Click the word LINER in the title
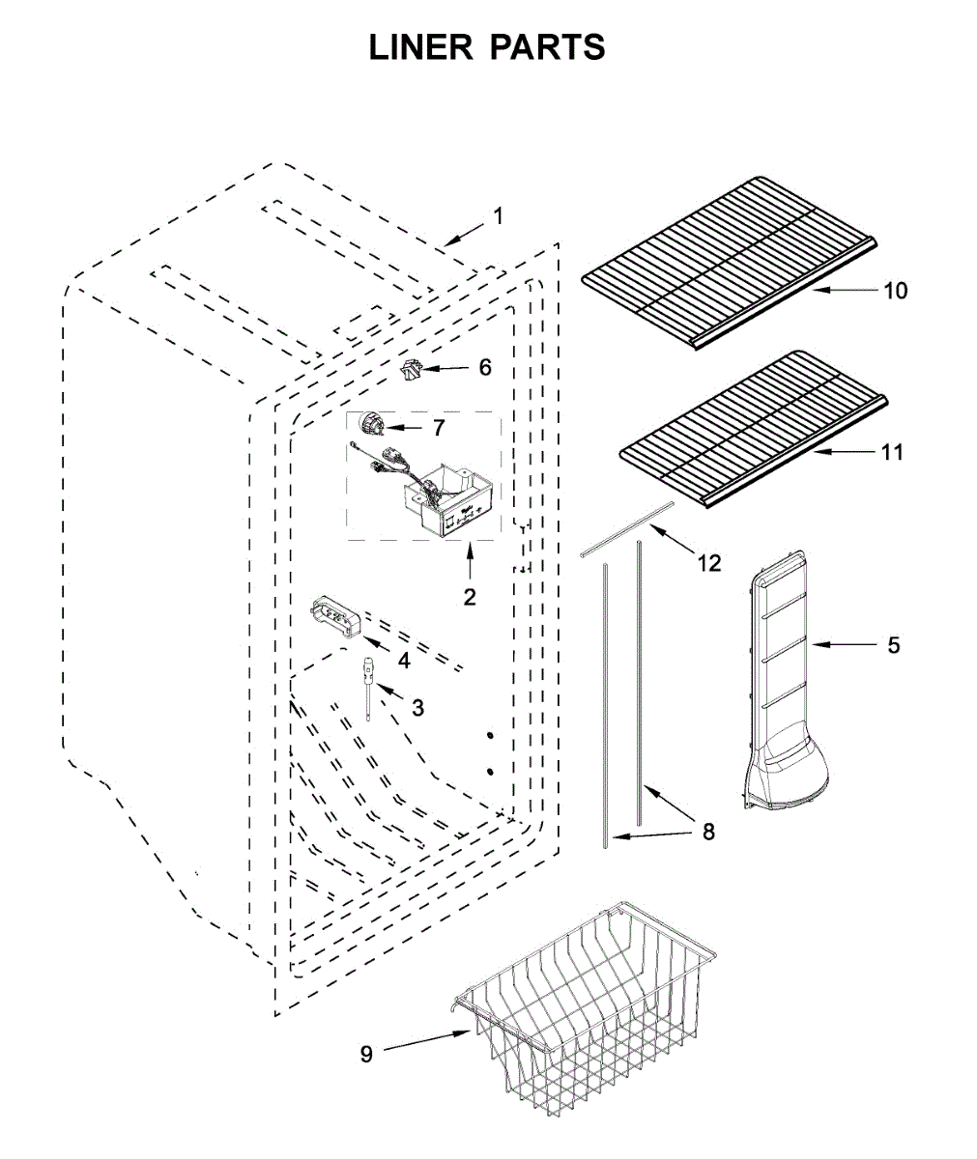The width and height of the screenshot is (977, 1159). pyautogui.click(x=421, y=46)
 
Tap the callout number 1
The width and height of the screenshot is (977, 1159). pyautogui.click(x=499, y=216)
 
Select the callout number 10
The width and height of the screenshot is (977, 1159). pyautogui.click(x=896, y=290)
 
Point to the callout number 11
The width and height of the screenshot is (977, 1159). pyautogui.click(x=892, y=451)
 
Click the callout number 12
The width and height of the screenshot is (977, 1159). pyautogui.click(x=709, y=563)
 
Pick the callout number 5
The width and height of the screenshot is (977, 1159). pyautogui.click(x=894, y=644)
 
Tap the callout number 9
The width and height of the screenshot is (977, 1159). pyautogui.click(x=366, y=1055)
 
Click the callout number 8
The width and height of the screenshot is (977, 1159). pyautogui.click(x=708, y=832)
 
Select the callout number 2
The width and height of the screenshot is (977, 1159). pyautogui.click(x=470, y=597)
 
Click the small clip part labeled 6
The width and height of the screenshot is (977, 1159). pyautogui.click(x=413, y=369)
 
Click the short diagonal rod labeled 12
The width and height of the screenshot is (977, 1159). pyautogui.click(x=628, y=528)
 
